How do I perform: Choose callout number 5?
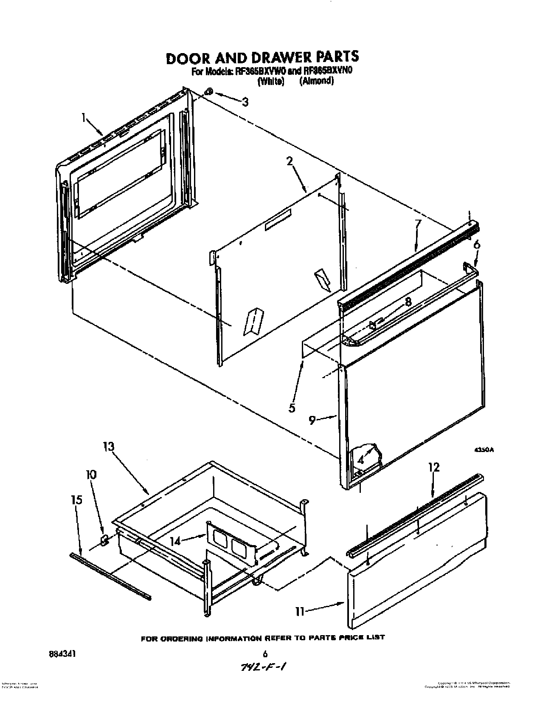(x=292, y=408)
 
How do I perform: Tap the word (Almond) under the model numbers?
(x=316, y=82)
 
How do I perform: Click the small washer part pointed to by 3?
(x=209, y=92)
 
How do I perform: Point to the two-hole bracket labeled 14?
(x=232, y=545)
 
